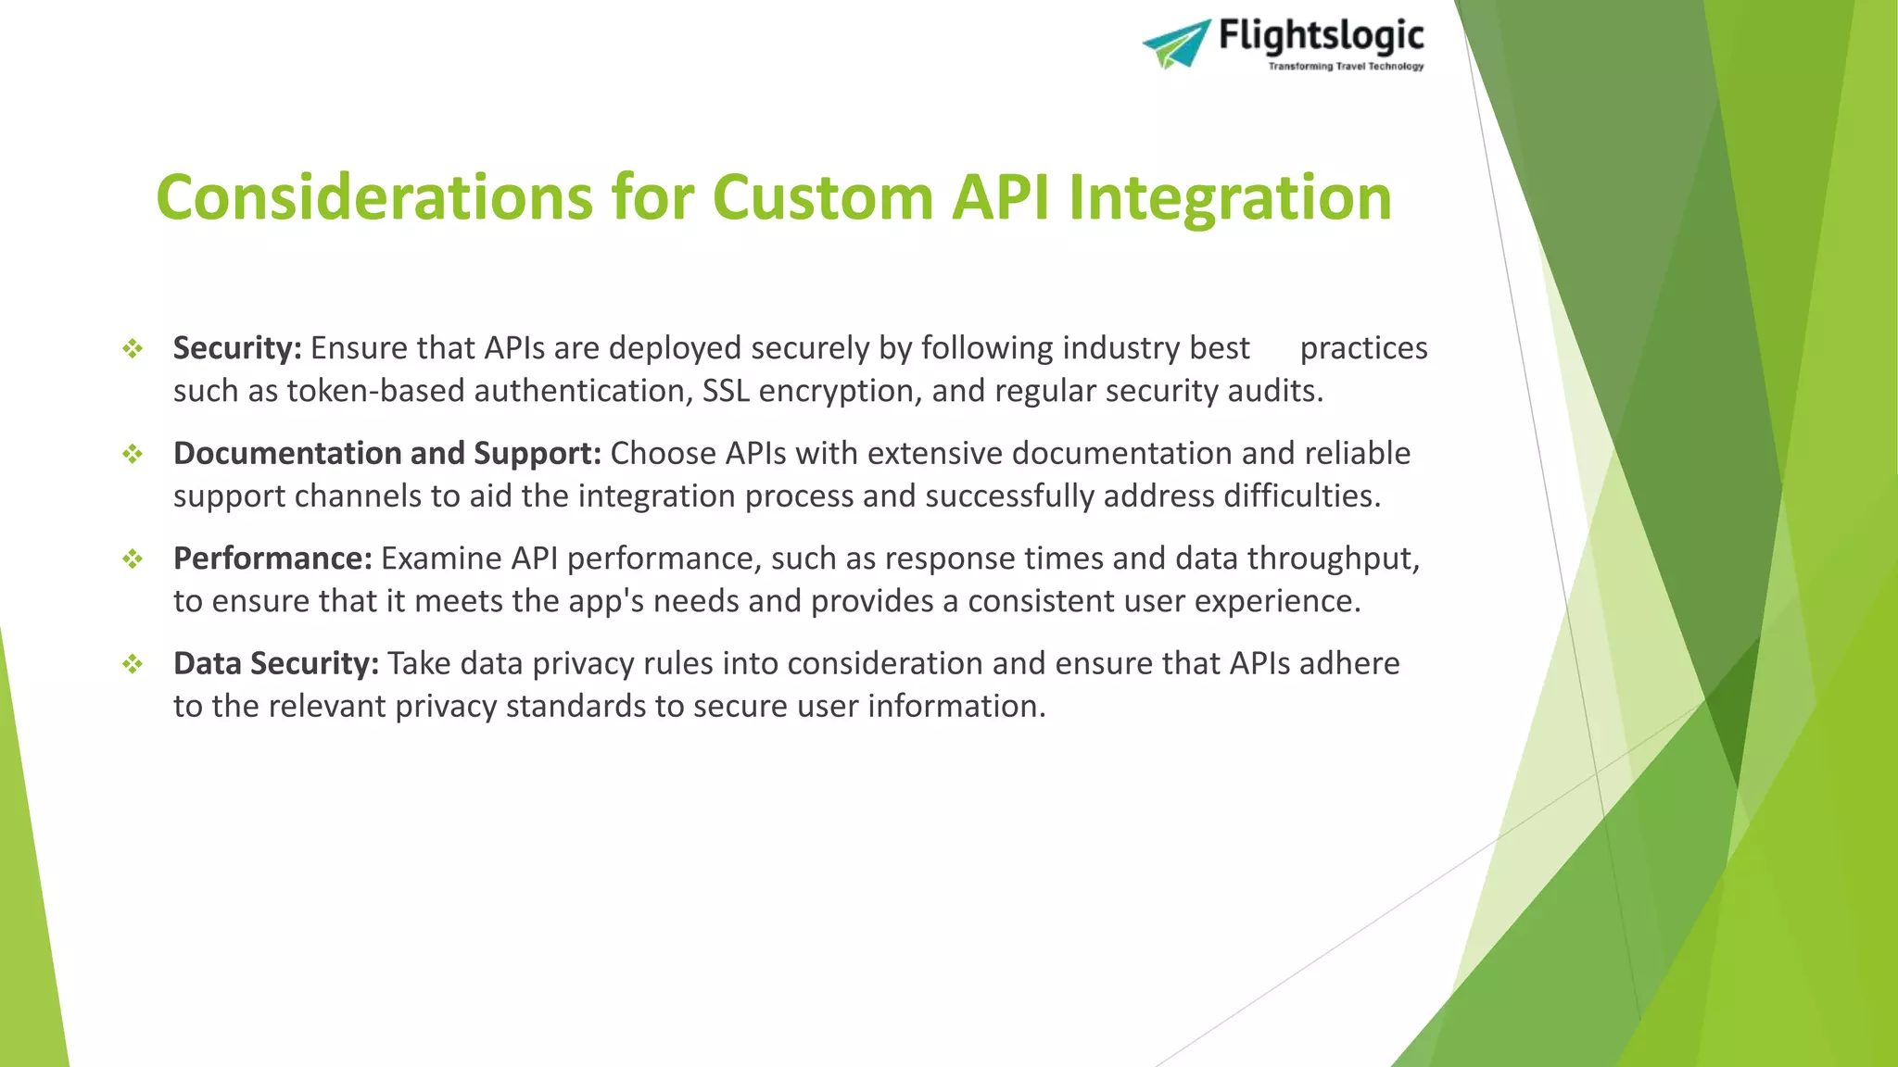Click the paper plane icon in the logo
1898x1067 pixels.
1176,44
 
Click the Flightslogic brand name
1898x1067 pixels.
1321,36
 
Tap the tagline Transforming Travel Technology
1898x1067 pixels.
1346,67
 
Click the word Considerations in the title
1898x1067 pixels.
374,197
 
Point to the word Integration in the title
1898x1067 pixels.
1230,197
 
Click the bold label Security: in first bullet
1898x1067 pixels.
237,348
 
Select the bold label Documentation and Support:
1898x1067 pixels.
387,453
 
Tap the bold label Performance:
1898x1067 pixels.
272,559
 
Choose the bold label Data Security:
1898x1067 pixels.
276,663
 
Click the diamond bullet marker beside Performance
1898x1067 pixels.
133,559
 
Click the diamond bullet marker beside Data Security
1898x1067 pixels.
133,664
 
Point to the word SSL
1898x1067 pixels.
726,391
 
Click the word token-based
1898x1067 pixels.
375,391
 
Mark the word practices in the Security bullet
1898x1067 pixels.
1363,348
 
